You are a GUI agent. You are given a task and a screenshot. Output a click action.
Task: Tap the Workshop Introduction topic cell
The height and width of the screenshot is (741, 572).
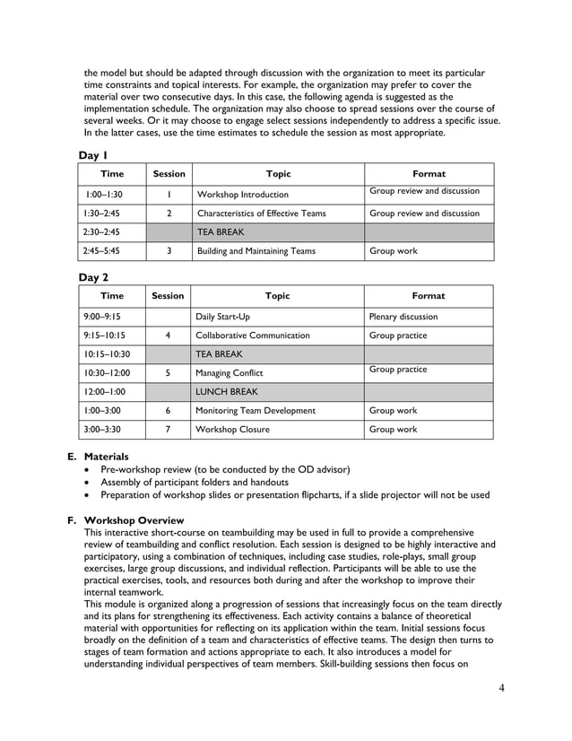[x=242, y=195]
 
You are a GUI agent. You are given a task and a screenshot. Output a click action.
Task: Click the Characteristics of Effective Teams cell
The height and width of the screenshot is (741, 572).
[x=260, y=214]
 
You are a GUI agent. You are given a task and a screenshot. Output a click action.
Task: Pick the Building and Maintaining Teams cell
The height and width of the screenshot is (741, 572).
[x=256, y=251]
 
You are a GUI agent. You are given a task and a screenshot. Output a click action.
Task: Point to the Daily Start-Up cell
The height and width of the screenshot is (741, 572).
[x=223, y=317]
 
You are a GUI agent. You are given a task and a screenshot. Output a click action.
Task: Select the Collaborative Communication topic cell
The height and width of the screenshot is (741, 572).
[x=253, y=336]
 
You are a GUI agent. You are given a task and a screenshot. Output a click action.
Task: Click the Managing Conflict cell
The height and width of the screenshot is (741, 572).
[x=230, y=372]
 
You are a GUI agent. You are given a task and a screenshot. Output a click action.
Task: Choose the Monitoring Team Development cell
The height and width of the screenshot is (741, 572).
[x=256, y=411]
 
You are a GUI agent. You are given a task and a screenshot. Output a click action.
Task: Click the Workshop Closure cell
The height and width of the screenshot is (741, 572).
[x=232, y=430]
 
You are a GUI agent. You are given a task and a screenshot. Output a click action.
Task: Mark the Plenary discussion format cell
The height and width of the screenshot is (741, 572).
[x=403, y=317]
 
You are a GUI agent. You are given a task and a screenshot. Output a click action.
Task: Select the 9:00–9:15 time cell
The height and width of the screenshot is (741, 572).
[x=102, y=317]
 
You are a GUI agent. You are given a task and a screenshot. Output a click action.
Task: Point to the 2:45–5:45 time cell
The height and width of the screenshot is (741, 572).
[x=100, y=251]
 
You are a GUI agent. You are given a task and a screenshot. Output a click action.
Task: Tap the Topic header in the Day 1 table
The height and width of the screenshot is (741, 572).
[x=278, y=174]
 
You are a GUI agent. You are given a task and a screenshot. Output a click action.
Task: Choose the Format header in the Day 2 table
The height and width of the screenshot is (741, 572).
[x=428, y=296]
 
